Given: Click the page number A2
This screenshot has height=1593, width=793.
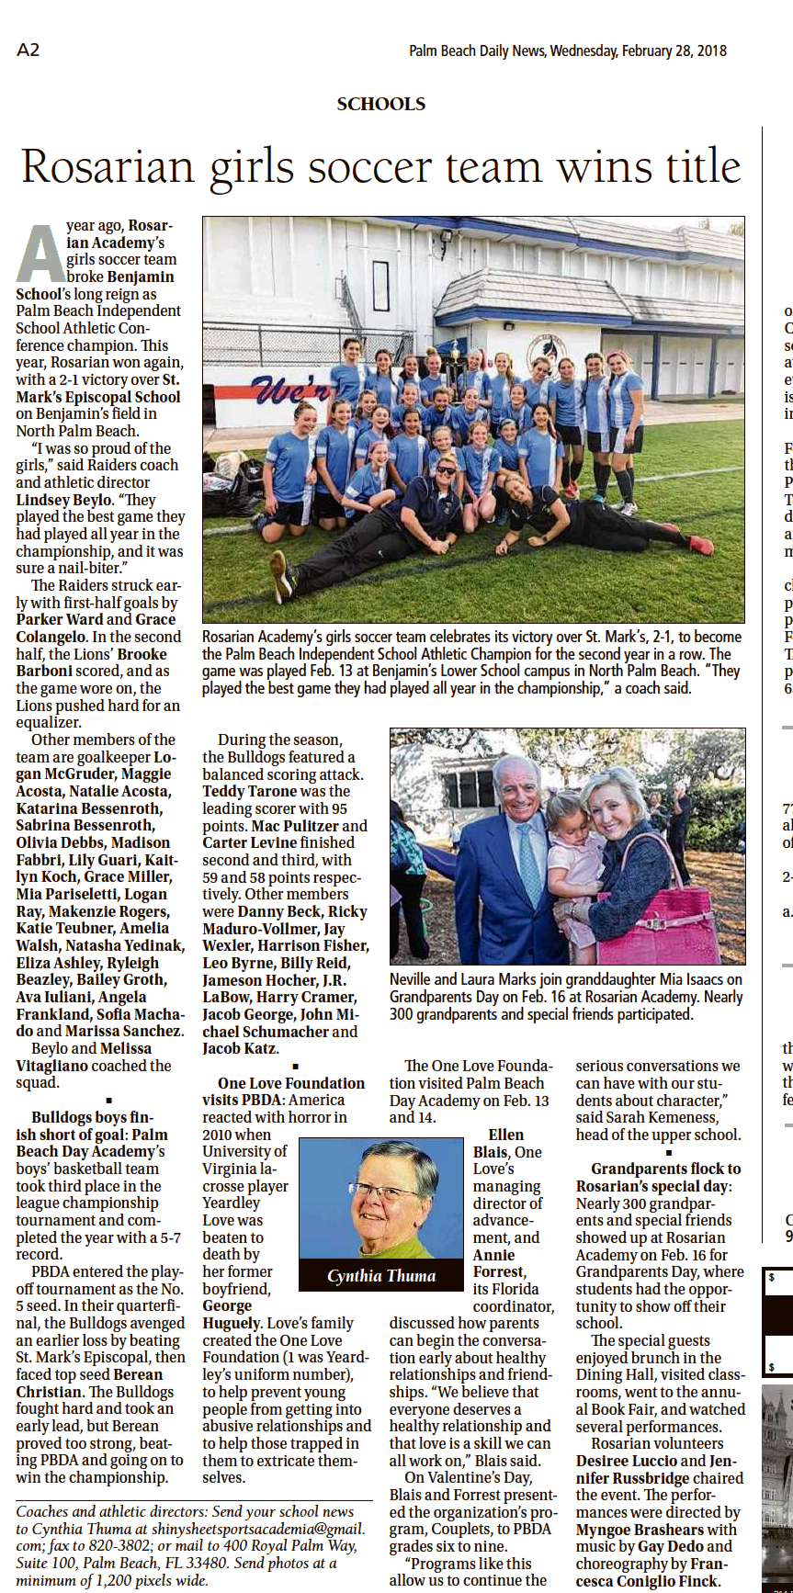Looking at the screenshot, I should point(28,50).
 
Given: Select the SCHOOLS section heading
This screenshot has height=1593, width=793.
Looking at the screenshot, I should point(380,104).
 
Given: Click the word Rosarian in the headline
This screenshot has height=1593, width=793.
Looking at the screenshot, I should point(108,167).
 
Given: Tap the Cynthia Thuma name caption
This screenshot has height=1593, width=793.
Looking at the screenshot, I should point(381,1275).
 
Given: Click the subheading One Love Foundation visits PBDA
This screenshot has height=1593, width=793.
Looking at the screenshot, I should point(284,1091).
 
